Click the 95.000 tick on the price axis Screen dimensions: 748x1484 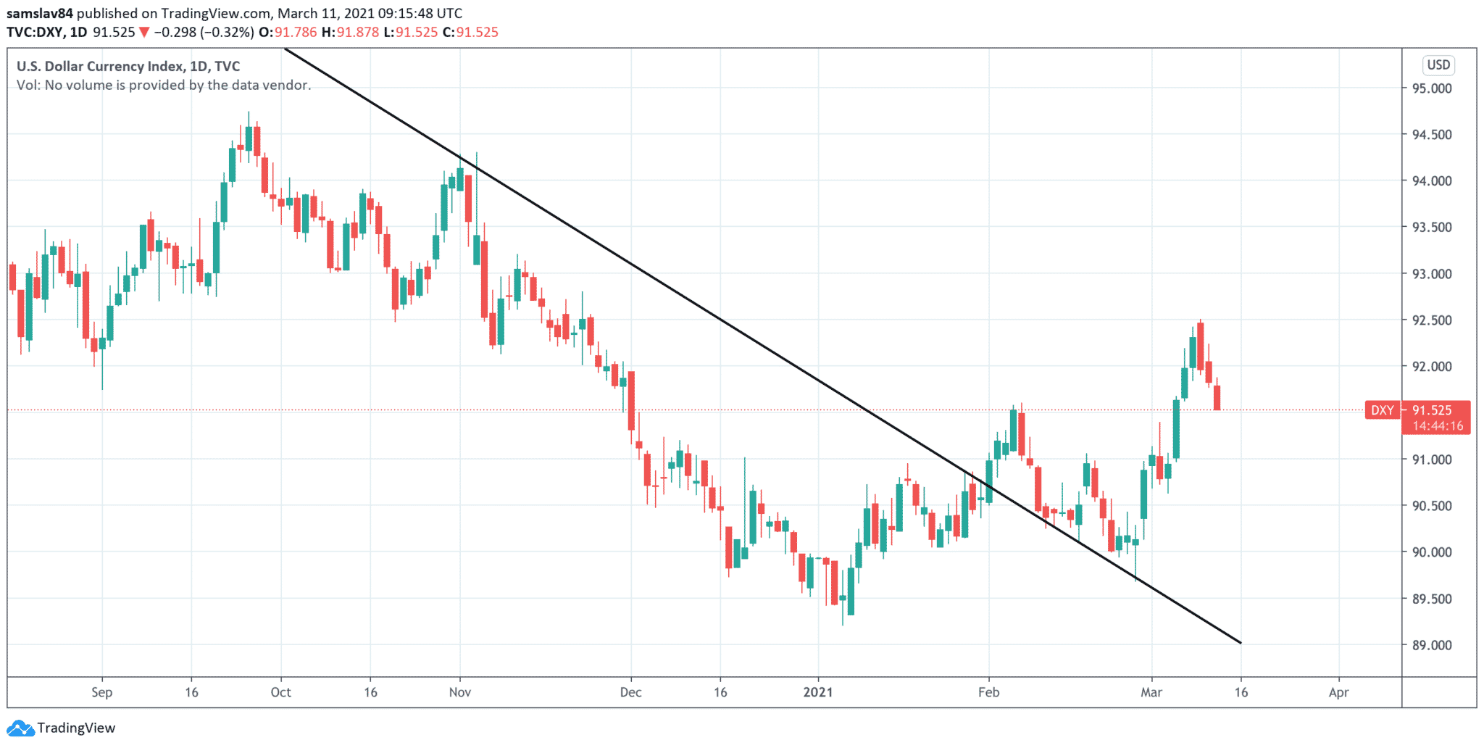1431,88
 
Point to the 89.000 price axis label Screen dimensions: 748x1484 1431,645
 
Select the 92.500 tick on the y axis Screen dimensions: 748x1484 1431,320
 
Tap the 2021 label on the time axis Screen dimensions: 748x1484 818,692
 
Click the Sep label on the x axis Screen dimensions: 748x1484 102,692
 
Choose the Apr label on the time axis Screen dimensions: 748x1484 1338,692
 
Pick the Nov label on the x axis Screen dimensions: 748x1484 460,692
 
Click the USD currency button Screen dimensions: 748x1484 1438,65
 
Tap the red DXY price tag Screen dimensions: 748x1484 1382,410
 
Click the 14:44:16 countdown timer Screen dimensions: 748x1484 1437,426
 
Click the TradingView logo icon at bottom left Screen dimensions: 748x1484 20,728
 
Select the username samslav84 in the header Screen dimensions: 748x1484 40,13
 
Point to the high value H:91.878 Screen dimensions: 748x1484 351,32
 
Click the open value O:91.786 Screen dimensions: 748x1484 288,32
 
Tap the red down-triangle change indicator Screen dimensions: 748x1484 144,32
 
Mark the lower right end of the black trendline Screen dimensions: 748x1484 1241,642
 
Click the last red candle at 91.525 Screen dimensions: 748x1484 1217,398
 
